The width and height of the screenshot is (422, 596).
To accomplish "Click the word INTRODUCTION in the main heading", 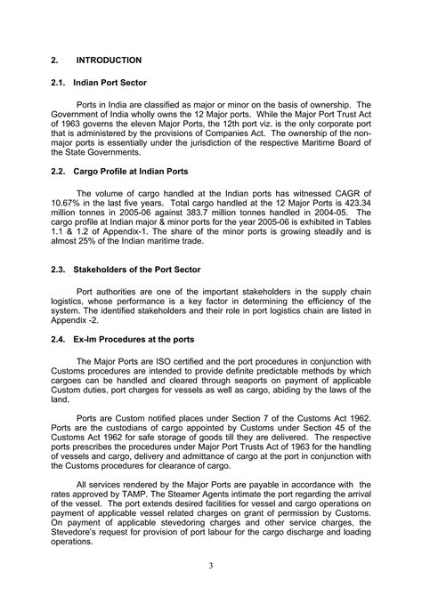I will click(109, 60).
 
